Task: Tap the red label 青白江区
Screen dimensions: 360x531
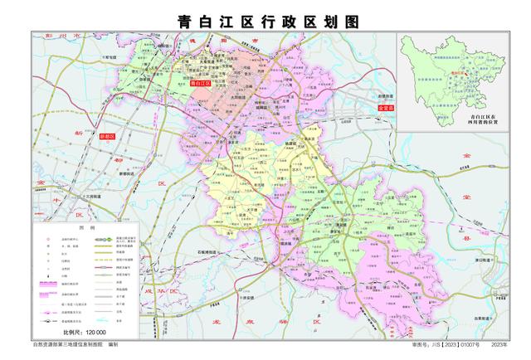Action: (x=201, y=83)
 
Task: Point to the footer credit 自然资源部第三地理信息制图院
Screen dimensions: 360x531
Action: (x=71, y=343)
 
